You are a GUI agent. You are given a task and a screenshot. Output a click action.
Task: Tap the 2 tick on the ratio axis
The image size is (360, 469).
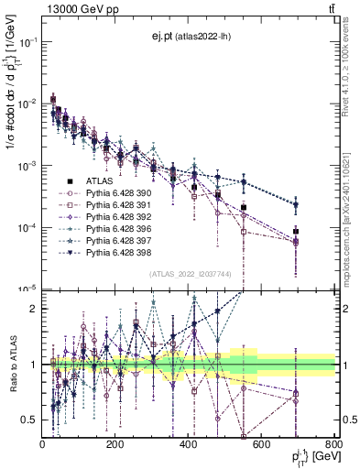pos(33,309)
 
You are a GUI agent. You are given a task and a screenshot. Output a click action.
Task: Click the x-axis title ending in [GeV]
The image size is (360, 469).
pos(311,457)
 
